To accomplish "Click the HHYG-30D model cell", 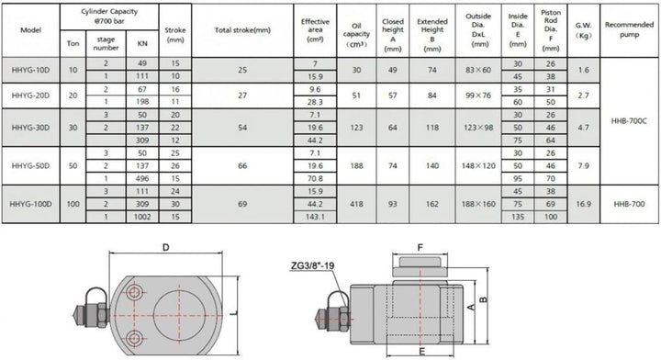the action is click(x=30, y=128).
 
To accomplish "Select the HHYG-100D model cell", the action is click(x=30, y=204).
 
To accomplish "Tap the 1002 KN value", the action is click(x=142, y=217).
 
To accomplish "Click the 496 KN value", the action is click(x=142, y=179).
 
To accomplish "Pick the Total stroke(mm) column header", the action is click(x=242, y=30).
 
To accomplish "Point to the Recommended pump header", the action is click(x=629, y=30).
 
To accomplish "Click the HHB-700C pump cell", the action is click(x=629, y=121).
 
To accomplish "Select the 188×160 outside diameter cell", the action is click(x=478, y=204).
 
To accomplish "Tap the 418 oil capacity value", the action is click(x=356, y=204).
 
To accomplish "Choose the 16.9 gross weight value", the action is click(x=584, y=204).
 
